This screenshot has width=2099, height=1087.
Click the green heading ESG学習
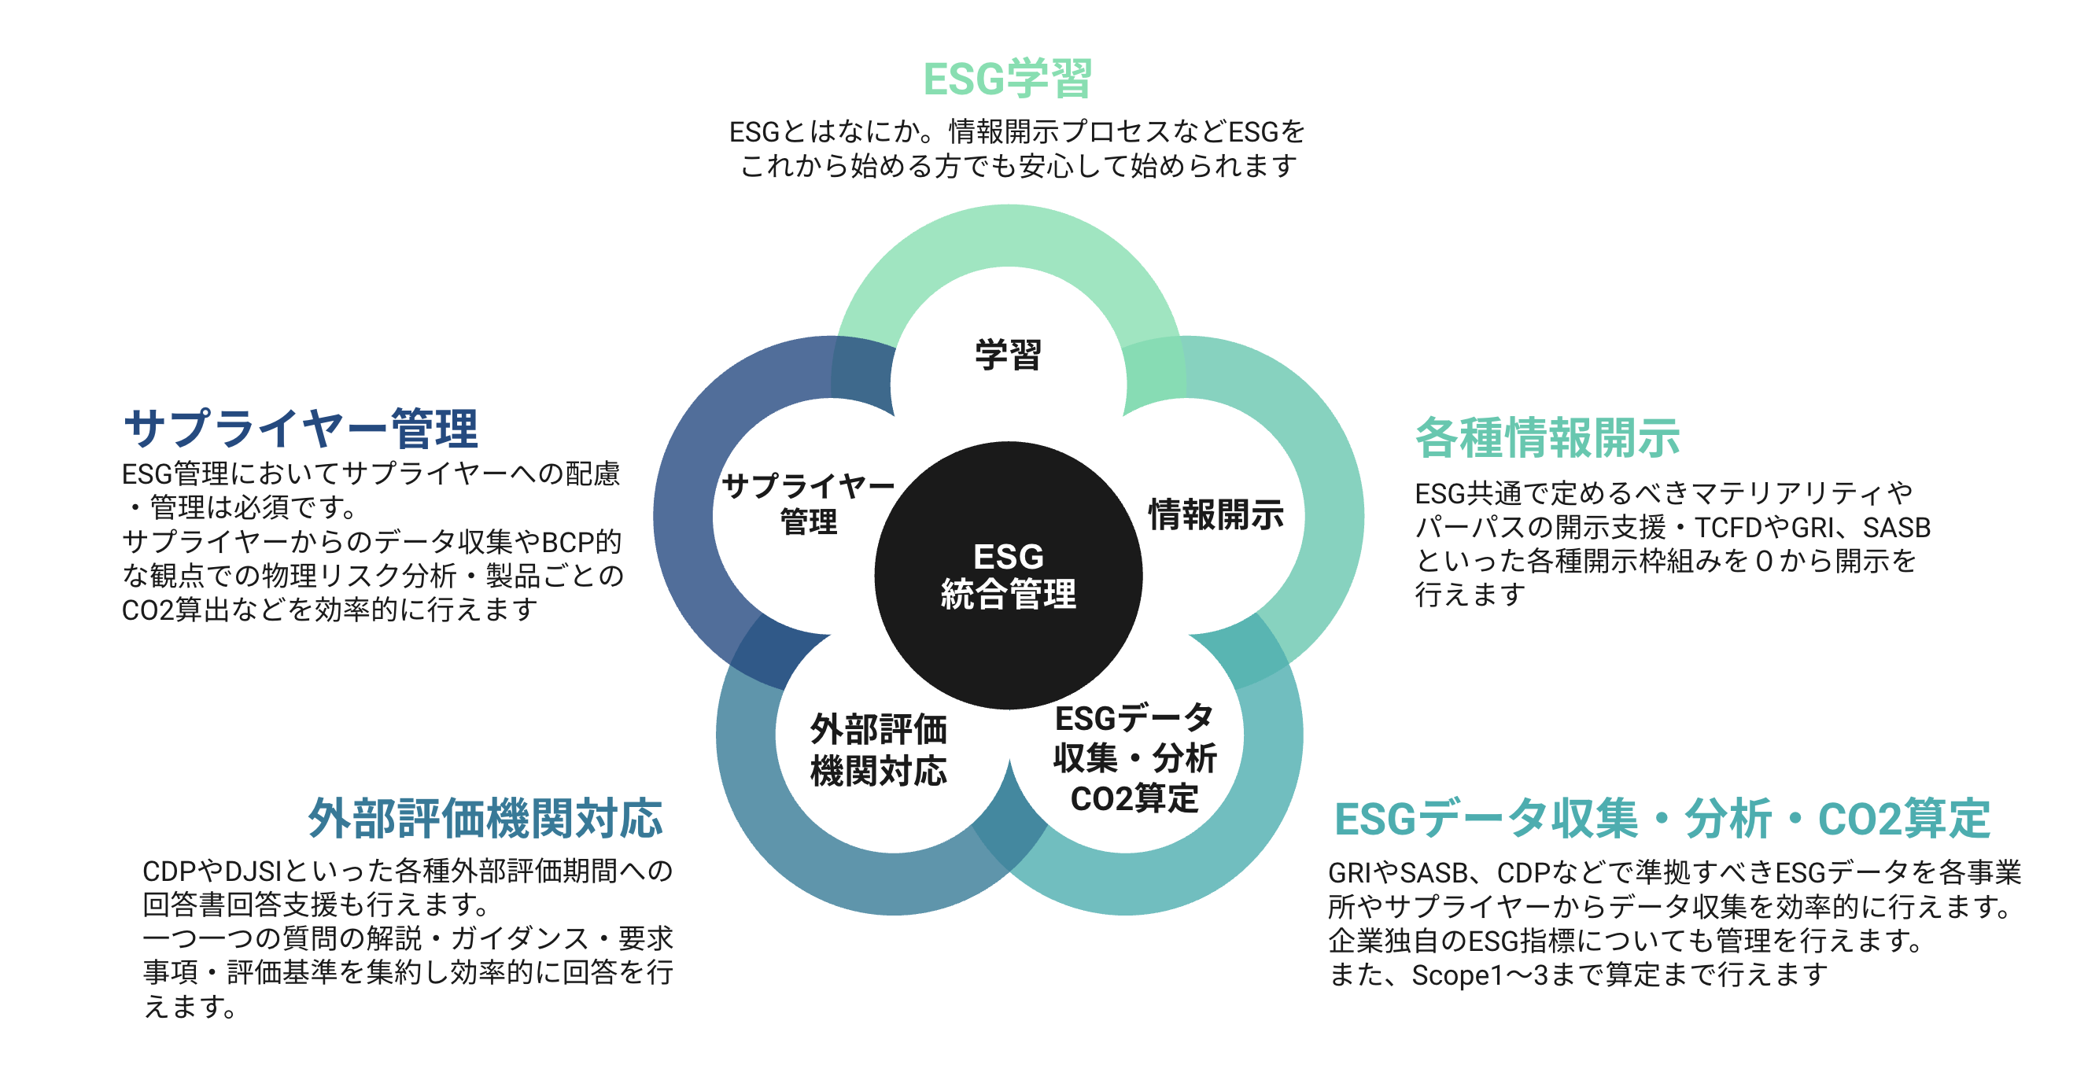pyautogui.click(x=1007, y=79)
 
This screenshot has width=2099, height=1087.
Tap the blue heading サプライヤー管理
pyautogui.click(x=300, y=429)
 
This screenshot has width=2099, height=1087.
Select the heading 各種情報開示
pyautogui.click(x=1547, y=437)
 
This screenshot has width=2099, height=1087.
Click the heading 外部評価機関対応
pyautogui.click(x=485, y=818)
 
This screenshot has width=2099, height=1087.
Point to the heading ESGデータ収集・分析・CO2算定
pyautogui.click(x=1662, y=818)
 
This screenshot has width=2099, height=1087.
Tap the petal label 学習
pyautogui.click(x=1008, y=355)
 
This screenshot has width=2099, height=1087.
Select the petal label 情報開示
pyautogui.click(x=1216, y=515)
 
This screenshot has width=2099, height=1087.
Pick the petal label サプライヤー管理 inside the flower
pyautogui.click(x=807, y=503)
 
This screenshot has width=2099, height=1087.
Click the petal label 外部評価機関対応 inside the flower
pyautogui.click(x=877, y=750)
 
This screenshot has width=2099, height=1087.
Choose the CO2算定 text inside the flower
pyautogui.click(x=1134, y=798)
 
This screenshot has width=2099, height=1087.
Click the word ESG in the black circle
pyautogui.click(x=1008, y=557)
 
